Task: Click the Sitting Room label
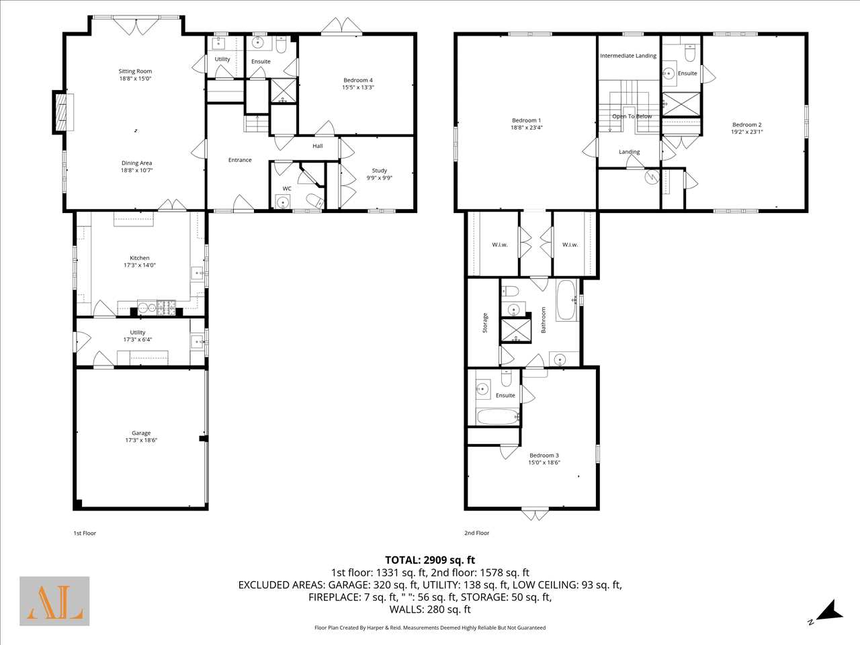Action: pyautogui.click(x=135, y=71)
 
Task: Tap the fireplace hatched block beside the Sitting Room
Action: pyautogui.click(x=61, y=113)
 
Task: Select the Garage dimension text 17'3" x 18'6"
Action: pyautogui.click(x=141, y=440)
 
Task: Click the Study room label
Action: pyautogui.click(x=379, y=171)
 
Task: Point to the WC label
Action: pyautogui.click(x=287, y=188)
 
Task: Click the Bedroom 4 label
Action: pyautogui.click(x=358, y=80)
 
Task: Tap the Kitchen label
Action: pyautogui.click(x=140, y=258)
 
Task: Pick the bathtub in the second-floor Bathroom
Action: pyautogui.click(x=566, y=300)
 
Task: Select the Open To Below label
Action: pyautogui.click(x=632, y=116)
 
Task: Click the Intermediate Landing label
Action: pyautogui.click(x=628, y=56)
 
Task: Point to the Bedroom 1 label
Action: pyautogui.click(x=526, y=120)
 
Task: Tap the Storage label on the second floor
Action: pyautogui.click(x=485, y=322)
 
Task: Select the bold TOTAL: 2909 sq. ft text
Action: pyautogui.click(x=430, y=560)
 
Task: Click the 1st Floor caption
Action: pyautogui.click(x=85, y=533)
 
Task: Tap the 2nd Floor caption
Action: pyautogui.click(x=477, y=533)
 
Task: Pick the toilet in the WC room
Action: pyautogui.click(x=315, y=200)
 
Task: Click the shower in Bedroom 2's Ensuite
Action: pyautogui.click(x=681, y=103)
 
